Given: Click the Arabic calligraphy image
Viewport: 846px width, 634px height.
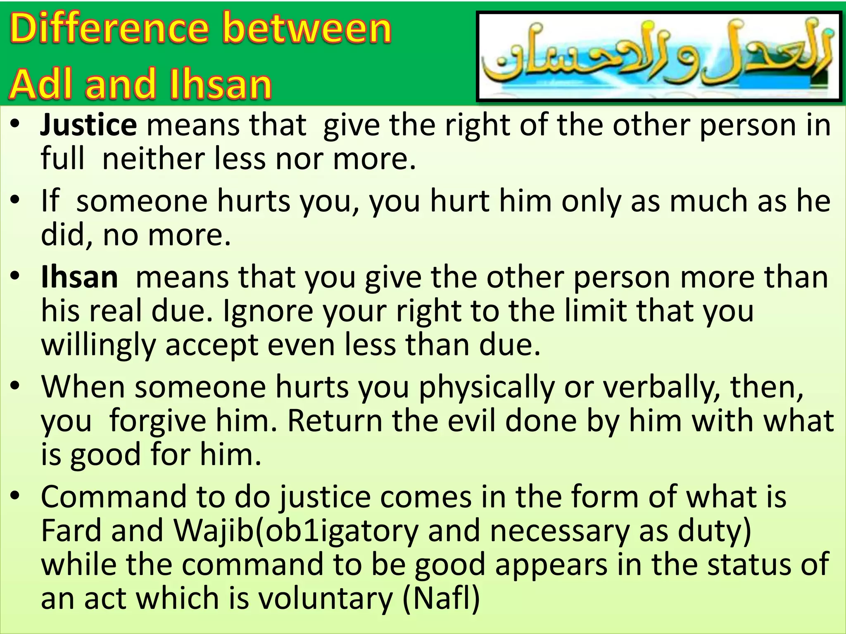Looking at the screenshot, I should tap(659, 57).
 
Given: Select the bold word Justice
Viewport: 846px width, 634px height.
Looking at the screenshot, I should tap(88, 125).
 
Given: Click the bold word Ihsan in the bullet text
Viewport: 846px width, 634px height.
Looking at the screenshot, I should tap(79, 277).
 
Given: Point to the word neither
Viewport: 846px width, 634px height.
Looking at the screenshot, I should tap(153, 159).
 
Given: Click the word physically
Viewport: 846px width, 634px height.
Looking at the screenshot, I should tap(487, 387).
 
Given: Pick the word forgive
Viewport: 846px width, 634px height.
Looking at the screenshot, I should tap(157, 421).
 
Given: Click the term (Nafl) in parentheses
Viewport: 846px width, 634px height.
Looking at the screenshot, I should tap(441, 599).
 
